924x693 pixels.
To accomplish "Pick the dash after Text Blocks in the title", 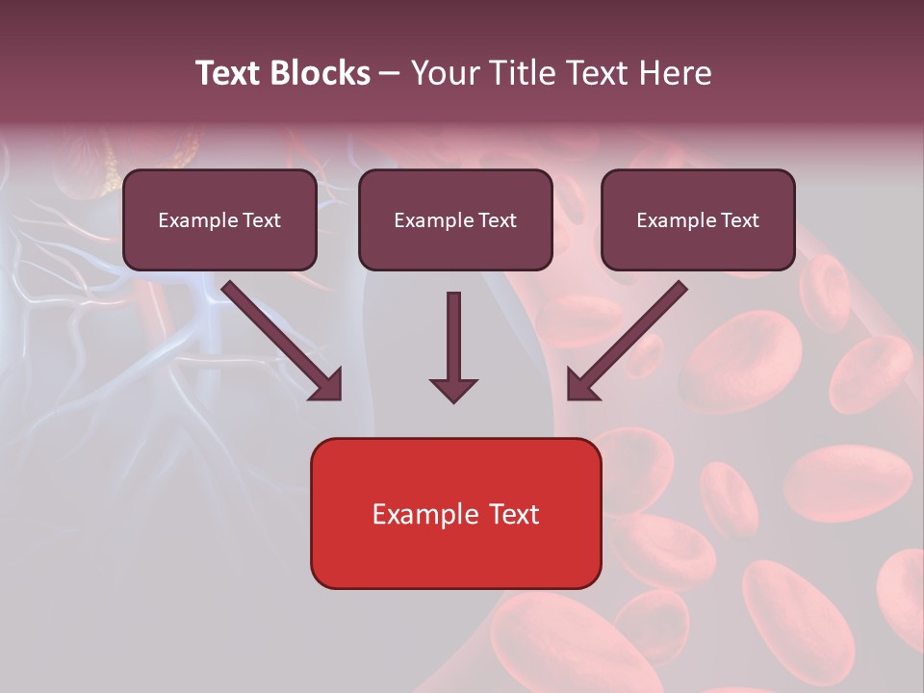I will (x=390, y=74).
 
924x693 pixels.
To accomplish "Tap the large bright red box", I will (x=455, y=558).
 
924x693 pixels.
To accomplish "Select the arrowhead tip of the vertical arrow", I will (x=453, y=398).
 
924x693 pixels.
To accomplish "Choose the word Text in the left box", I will (x=262, y=220).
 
